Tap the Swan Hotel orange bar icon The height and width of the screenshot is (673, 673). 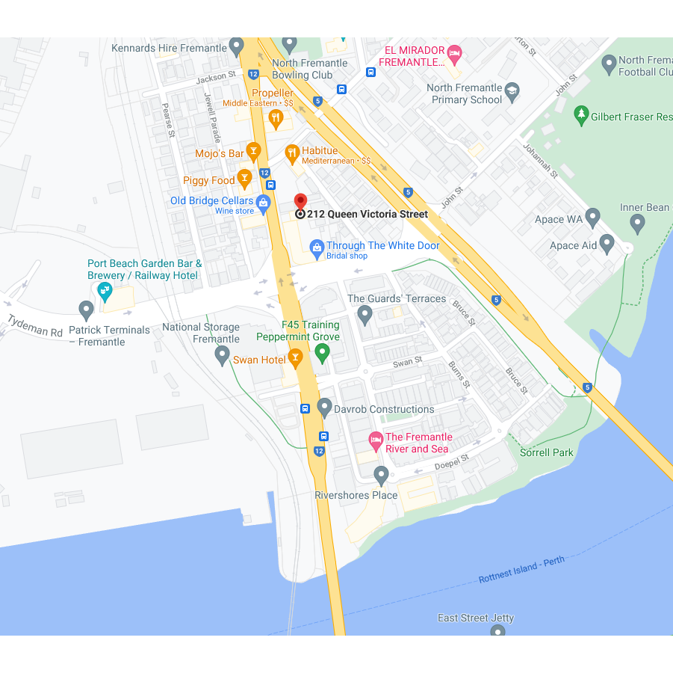295,358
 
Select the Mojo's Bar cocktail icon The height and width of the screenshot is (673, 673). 253,152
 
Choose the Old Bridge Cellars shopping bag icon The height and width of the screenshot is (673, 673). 263,202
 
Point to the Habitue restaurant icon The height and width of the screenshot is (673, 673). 293,153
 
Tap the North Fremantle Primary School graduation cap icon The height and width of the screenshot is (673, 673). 512,91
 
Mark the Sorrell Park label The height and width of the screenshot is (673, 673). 547,452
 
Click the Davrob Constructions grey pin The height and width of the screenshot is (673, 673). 324,408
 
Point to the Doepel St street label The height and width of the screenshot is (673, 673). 452,462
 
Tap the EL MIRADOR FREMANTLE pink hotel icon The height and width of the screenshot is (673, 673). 454,53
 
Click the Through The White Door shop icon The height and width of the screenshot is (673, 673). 317,247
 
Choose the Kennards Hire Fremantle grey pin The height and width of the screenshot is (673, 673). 237,46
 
